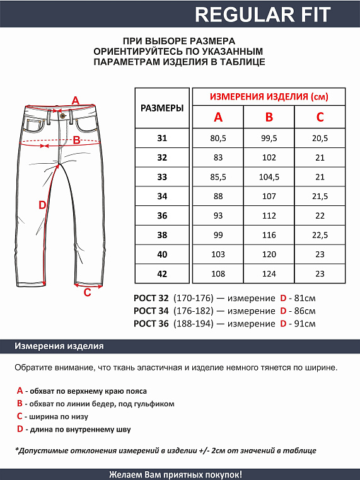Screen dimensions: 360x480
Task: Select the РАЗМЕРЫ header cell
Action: (162, 108)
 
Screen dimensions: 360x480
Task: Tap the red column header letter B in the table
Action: (269, 117)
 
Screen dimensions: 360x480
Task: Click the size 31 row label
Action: (162, 139)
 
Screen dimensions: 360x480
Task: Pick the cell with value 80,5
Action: (218, 139)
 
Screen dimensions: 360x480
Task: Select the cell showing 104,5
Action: (269, 177)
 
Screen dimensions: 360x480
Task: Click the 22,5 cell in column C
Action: (320, 236)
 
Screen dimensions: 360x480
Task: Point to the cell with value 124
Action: (269, 275)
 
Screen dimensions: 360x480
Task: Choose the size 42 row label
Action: (162, 275)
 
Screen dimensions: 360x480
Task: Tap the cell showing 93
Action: (218, 216)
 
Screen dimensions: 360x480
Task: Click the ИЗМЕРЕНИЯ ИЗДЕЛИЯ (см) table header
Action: (269, 96)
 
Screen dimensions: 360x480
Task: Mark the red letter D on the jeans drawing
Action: (42, 205)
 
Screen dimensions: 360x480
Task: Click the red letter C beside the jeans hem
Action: (87, 292)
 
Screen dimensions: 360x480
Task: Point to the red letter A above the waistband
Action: (75, 100)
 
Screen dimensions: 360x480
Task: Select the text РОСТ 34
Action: (151, 311)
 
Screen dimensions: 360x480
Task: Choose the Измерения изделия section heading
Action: (60, 346)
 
